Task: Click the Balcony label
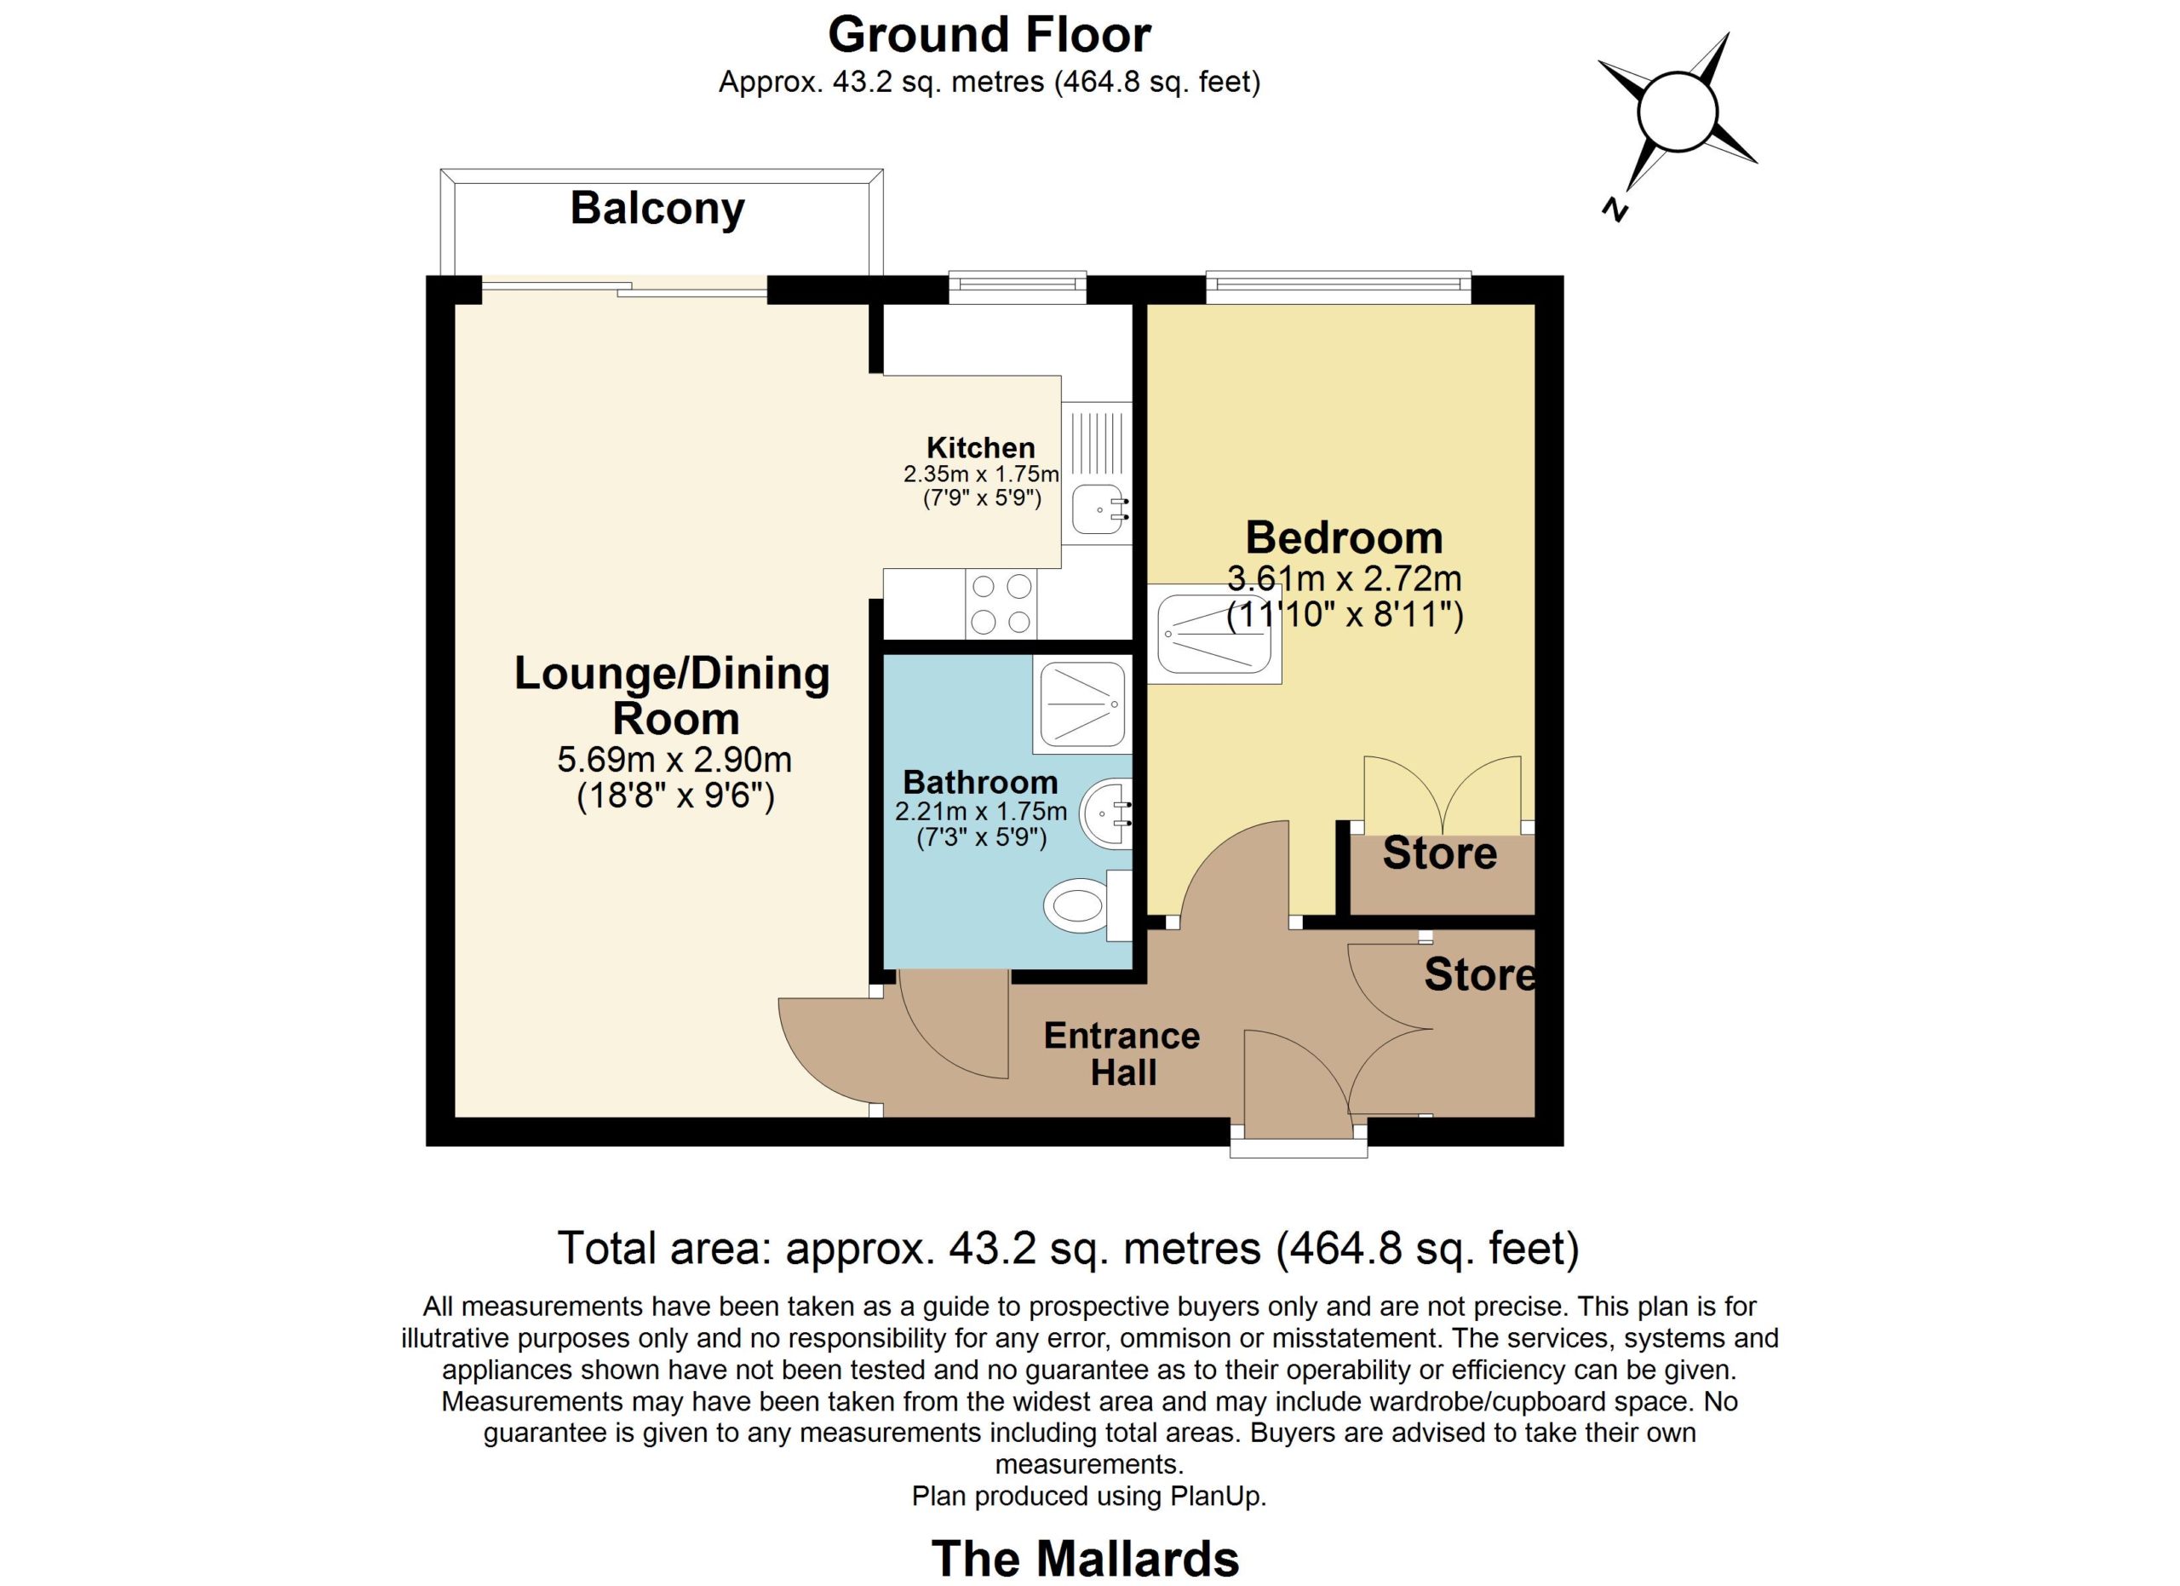pos(657,210)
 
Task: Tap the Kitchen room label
pos(980,447)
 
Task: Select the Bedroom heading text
pos(1344,537)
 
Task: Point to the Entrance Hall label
pos(1122,1054)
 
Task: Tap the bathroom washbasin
pos(1106,814)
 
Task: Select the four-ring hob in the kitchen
pos(1001,603)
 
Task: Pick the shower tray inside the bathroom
pos(1083,706)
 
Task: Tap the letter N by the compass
pos(1615,210)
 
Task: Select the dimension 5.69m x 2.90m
pos(674,761)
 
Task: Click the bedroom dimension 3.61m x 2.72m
pos(1344,579)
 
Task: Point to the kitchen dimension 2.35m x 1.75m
pos(980,474)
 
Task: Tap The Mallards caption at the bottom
pos(1085,1558)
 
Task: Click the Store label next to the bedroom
pos(1439,853)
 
